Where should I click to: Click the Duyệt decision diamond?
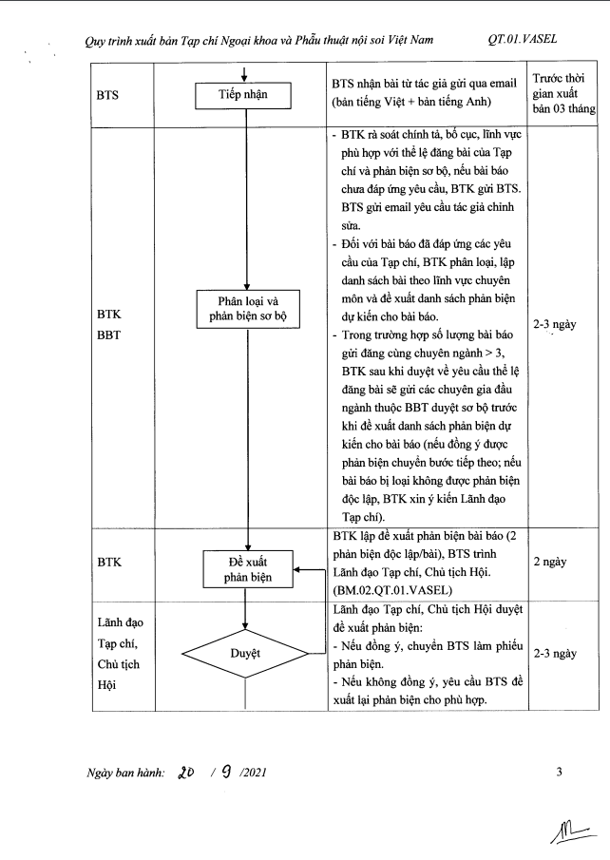(x=247, y=654)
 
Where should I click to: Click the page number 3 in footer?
(x=560, y=771)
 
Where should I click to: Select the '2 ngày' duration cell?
(x=550, y=562)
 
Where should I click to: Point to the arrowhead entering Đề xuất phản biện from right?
(x=297, y=571)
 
